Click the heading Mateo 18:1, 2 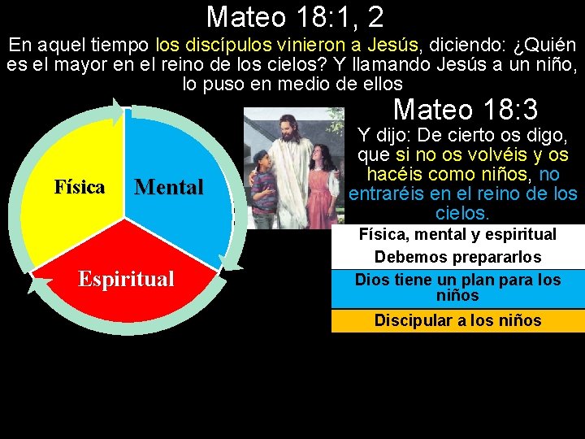point(295,16)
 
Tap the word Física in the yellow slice point(80,187)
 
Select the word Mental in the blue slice point(169,188)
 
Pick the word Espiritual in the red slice point(126,279)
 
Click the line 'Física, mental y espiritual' point(457,234)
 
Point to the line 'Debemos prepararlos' point(457,257)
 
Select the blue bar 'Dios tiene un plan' point(457,287)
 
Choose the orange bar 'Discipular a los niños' point(457,320)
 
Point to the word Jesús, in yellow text point(394,46)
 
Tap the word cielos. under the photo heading point(462,213)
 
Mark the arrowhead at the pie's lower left point(35,281)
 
